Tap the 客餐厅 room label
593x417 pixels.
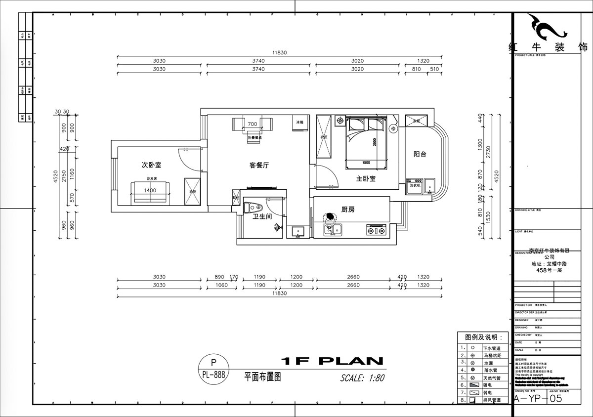pyautogui.click(x=258, y=166)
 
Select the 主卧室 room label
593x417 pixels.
pyautogui.click(x=366, y=178)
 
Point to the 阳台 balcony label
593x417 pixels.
pyautogui.click(x=420, y=154)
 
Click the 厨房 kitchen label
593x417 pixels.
pyautogui.click(x=348, y=209)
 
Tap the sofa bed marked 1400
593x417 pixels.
pyautogui.click(x=151, y=192)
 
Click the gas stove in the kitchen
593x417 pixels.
pyautogui.click(x=376, y=230)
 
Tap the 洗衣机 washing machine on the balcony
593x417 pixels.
pyautogui.click(x=414, y=186)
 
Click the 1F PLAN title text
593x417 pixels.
pyautogui.click(x=332, y=361)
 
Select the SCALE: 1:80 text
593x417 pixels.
pyautogui.click(x=362, y=378)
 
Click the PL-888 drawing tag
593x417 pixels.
pyautogui.click(x=213, y=375)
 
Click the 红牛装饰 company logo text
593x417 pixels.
pyautogui.click(x=548, y=47)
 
